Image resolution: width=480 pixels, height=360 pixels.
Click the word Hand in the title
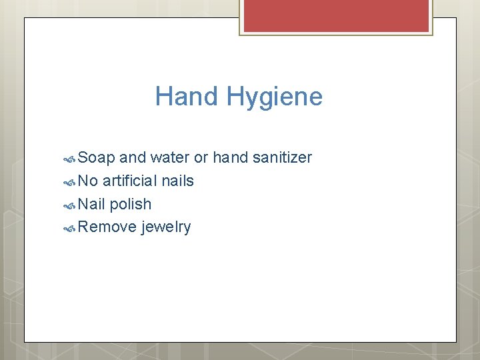pos(187,97)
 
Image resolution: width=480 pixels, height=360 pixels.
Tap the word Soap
pos(96,158)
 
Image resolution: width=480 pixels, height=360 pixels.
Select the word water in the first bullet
pos(170,158)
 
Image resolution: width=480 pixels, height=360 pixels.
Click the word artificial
pos(130,181)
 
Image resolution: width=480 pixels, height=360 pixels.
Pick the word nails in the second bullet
pos(178,181)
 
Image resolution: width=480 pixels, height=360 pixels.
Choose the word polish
pos(131,205)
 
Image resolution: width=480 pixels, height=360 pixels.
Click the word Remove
pos(107,227)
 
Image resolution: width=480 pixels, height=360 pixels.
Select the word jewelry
pos(166,228)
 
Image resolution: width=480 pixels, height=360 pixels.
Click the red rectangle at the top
pos(336,15)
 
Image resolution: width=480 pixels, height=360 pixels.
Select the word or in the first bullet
pos(201,158)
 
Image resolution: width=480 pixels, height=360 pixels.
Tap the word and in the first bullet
pos(133,158)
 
